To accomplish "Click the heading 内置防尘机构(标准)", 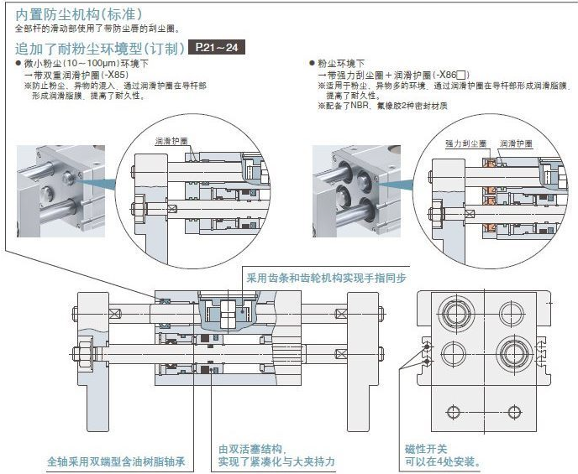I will tap(79, 14).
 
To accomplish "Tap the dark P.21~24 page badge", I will tap(217, 47).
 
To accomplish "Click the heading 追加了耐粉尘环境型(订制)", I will tap(99, 48).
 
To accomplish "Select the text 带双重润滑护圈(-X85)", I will tap(85, 75).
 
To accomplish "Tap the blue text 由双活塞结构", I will tap(252, 449).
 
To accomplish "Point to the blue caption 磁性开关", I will tap(426, 449).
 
